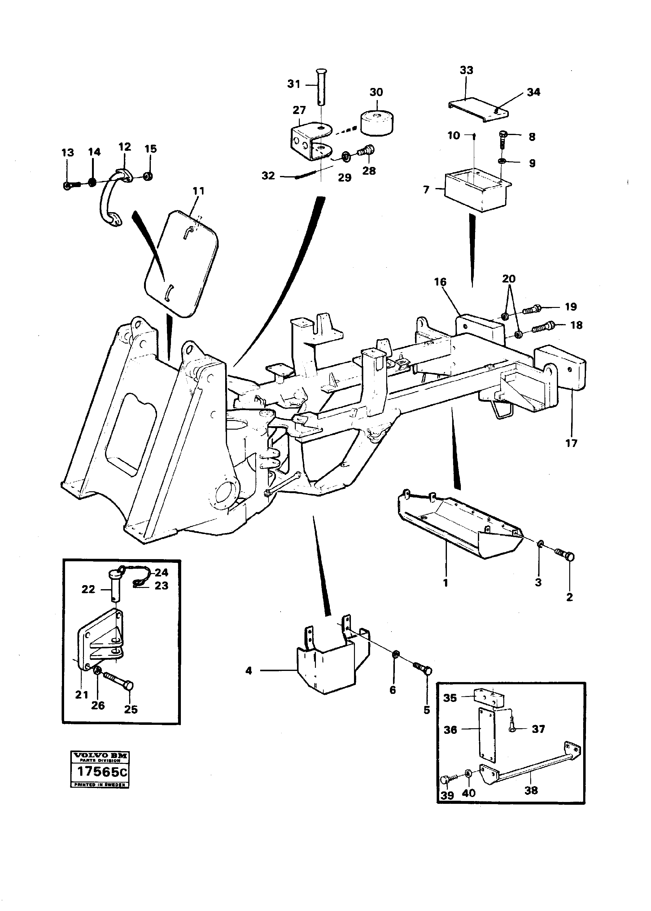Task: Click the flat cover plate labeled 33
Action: tap(477, 109)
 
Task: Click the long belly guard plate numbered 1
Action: tap(457, 525)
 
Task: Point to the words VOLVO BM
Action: tap(100, 756)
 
